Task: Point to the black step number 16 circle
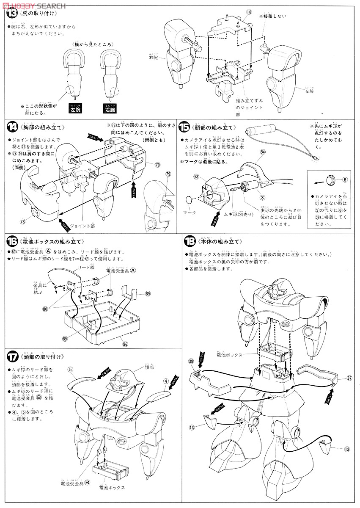[11, 241]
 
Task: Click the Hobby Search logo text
[33, 5]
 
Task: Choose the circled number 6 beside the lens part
[344, 179]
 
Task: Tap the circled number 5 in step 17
[71, 368]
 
